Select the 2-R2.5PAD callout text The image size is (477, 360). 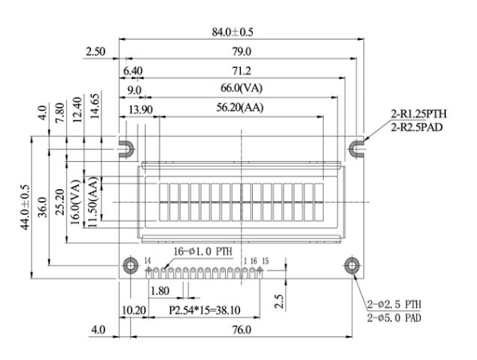pos(417,126)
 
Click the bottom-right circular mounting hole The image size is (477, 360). pos(351,267)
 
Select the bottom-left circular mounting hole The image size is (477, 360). pos(128,267)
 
